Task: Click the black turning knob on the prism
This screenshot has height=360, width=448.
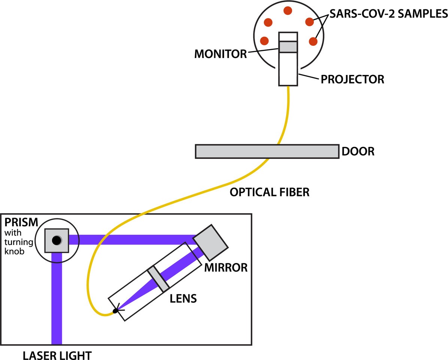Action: (57, 240)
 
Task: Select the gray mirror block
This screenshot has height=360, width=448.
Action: (210, 242)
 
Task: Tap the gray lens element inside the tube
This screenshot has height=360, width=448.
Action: (158, 279)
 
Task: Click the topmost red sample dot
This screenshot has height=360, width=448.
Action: (288, 11)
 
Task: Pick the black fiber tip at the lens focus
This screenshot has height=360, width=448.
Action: (115, 311)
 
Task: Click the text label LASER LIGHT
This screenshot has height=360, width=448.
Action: (57, 355)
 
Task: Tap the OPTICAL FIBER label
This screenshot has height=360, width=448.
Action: (269, 192)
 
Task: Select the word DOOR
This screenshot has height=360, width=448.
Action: (358, 152)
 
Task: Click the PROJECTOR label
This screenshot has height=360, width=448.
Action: (352, 79)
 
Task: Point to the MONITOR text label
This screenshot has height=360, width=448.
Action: (221, 54)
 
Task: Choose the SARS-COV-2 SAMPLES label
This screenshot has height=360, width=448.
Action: (388, 14)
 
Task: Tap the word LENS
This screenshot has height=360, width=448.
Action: (183, 299)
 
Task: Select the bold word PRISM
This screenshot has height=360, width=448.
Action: (21, 222)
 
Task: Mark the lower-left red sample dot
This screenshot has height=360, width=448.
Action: (264, 40)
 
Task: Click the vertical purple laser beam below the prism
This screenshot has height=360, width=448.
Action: (57, 300)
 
